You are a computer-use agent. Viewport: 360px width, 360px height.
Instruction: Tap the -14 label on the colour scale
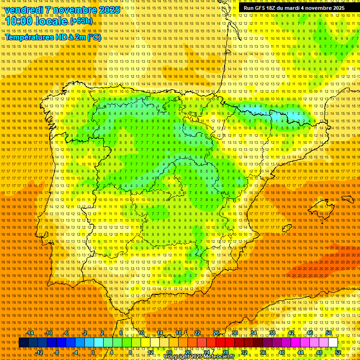[x=30, y=333]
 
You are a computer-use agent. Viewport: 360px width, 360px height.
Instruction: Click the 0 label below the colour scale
[x=93, y=352]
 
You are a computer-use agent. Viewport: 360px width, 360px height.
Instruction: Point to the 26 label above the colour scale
[x=216, y=333]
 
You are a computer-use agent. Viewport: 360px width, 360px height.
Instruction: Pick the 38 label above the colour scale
[x=272, y=333]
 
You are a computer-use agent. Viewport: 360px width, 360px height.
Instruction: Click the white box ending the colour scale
[x=333, y=343]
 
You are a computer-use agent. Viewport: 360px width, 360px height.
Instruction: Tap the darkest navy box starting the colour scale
[x=23, y=343]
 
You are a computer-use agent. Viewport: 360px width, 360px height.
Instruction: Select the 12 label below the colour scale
[x=150, y=352]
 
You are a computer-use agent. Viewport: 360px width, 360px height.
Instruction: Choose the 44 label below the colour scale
[x=300, y=352]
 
